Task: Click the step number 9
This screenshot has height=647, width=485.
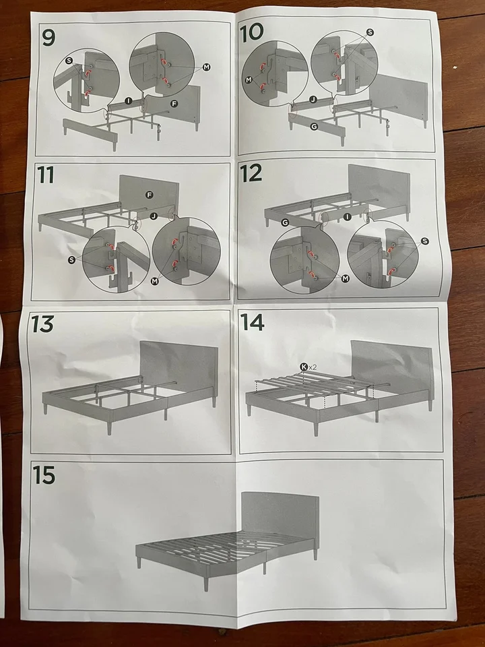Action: [48, 38]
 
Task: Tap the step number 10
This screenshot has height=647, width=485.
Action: [251, 32]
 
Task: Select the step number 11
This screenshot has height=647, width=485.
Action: [45, 175]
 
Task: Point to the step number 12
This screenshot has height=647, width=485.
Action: [251, 173]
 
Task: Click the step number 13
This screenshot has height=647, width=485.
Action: [42, 324]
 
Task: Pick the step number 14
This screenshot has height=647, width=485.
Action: [252, 322]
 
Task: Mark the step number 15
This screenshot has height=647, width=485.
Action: [44, 474]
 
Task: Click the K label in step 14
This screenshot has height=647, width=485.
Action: [304, 367]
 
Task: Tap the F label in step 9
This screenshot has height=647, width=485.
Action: [174, 104]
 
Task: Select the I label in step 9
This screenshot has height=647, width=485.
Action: [128, 100]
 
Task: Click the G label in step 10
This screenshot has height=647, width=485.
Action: [314, 127]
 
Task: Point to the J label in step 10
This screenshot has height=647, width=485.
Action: [313, 100]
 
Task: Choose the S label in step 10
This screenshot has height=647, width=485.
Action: [370, 32]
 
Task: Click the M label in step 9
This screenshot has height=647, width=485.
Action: [207, 67]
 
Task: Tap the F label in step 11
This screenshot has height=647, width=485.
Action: [150, 195]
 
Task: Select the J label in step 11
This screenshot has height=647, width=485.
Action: [154, 216]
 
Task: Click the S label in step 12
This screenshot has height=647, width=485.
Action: [425, 241]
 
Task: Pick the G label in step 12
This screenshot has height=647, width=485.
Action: [285, 222]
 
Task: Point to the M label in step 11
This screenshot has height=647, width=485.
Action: [155, 282]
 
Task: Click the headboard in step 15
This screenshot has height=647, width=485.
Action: [280, 516]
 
